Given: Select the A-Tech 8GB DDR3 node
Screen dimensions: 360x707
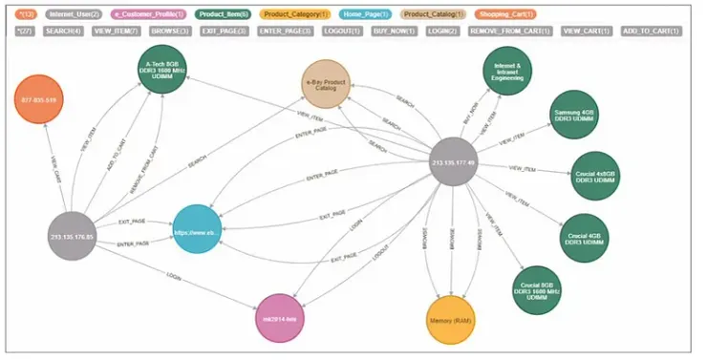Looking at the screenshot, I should click(x=161, y=70).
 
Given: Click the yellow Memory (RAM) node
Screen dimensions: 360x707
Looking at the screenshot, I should click(x=450, y=319).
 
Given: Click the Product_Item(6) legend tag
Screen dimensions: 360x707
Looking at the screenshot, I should click(x=223, y=14).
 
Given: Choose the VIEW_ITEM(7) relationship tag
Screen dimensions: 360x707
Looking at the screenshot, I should click(x=115, y=31).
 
